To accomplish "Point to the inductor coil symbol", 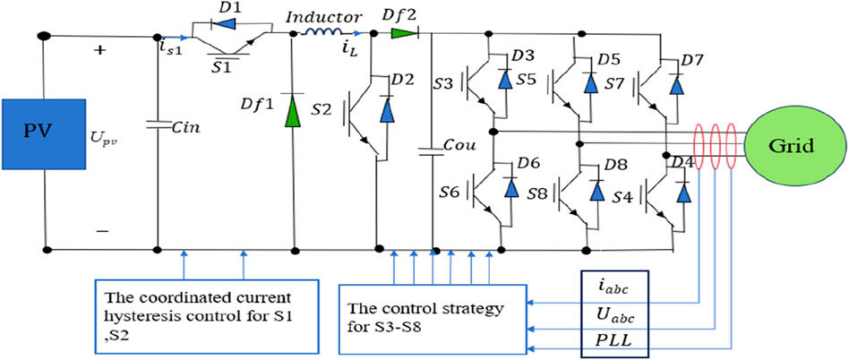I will [319, 36].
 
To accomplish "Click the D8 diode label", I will [616, 165].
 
